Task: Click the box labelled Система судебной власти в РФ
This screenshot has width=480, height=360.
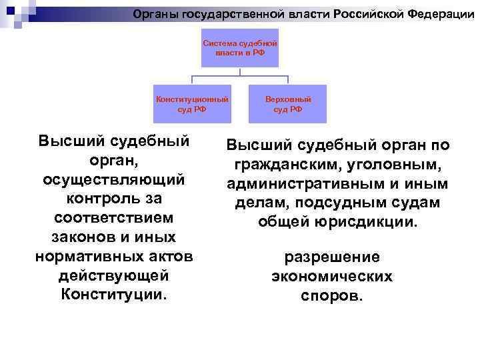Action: (240, 47)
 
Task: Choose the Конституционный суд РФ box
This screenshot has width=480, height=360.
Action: (192, 104)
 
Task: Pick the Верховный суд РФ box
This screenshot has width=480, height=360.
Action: (287, 104)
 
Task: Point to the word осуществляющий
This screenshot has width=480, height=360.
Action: (113, 180)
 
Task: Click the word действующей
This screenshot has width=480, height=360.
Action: (113, 275)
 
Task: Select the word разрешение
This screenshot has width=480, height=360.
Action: (332, 257)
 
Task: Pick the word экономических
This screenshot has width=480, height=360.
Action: (332, 276)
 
